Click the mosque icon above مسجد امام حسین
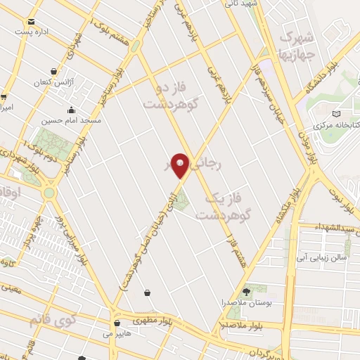point(71,109)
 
